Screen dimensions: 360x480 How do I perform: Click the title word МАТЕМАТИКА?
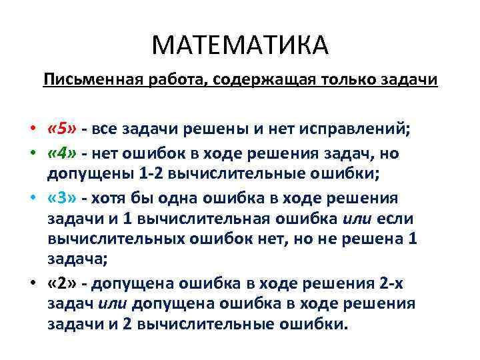click(240, 46)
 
